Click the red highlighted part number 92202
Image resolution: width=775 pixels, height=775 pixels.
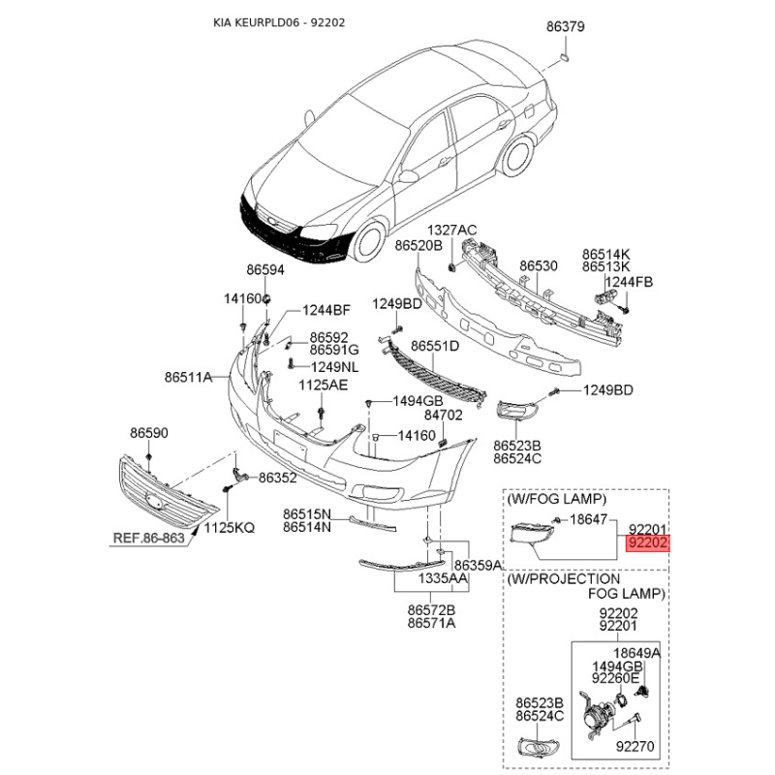click(x=647, y=543)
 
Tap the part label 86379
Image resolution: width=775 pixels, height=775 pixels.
click(x=566, y=26)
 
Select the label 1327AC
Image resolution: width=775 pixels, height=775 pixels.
click(x=451, y=231)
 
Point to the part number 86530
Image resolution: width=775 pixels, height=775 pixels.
click(x=539, y=265)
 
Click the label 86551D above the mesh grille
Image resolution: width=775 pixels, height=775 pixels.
click(x=435, y=346)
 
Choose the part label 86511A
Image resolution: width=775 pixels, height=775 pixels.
click(x=188, y=377)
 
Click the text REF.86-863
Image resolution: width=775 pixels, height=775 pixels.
click(x=149, y=538)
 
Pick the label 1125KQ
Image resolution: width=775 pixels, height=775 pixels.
click(x=230, y=528)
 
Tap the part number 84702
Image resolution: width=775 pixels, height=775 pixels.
click(x=444, y=416)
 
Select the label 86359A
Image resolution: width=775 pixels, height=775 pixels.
click(x=478, y=565)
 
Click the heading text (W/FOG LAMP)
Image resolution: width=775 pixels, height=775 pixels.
click(x=556, y=499)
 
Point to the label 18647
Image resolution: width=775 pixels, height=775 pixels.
click(x=589, y=519)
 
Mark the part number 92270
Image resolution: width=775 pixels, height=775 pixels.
click(x=635, y=746)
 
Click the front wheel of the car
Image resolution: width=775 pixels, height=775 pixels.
click(x=369, y=242)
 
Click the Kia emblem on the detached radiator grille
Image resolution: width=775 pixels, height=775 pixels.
click(x=154, y=501)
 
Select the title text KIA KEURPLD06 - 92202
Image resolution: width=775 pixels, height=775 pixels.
click(x=279, y=22)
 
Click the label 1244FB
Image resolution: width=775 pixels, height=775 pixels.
click(x=629, y=282)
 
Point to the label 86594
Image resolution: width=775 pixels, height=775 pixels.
click(x=265, y=270)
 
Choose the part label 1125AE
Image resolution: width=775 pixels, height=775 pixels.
click(x=324, y=385)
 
